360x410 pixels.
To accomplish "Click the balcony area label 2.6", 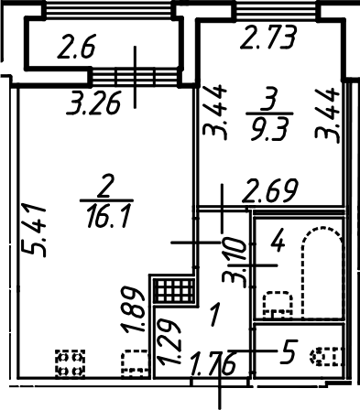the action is (77, 47).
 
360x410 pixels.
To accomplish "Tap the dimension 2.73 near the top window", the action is (268, 38).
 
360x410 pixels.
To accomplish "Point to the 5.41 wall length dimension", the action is (34, 231).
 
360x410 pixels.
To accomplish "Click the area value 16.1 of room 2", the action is (108, 216).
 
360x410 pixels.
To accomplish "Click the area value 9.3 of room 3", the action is (269, 129).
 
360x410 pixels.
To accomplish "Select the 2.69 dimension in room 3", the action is (270, 191).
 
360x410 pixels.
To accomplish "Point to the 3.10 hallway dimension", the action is (235, 263).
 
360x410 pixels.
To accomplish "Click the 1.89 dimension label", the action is (133, 309).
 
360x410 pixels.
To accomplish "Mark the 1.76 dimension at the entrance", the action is (213, 363).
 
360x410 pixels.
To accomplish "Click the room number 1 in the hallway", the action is (214, 314).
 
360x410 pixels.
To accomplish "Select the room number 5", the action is (289, 352).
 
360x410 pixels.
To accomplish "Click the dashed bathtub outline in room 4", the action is (322, 273).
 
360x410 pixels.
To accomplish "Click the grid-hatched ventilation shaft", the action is (174, 291).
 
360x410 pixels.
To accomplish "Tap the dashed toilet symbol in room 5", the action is (326, 356).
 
